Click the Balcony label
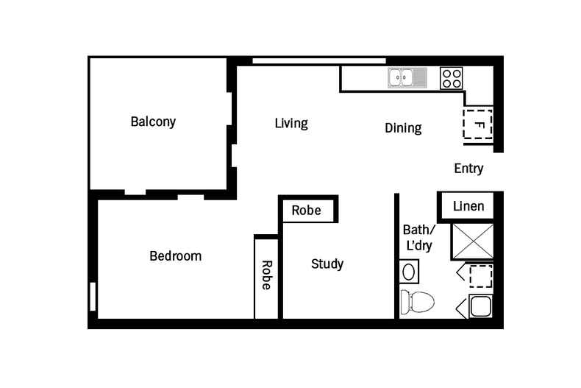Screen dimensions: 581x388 (153, 121)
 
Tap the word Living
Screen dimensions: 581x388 (291, 123)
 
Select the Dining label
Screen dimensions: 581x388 (403, 128)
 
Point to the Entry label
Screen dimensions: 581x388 (468, 169)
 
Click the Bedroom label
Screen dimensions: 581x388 (176, 256)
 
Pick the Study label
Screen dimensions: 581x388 (327, 264)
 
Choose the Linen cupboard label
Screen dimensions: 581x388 (468, 206)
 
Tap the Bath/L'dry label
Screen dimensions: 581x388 (419, 238)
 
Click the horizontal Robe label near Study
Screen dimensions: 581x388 (307, 211)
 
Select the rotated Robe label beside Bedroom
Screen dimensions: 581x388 (266, 275)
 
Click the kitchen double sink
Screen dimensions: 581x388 (407, 78)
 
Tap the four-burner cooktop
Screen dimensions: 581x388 (452, 78)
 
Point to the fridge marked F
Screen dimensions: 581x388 (478, 124)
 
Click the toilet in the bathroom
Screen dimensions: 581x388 (417, 301)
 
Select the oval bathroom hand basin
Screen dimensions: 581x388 (409, 272)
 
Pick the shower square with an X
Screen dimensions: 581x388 (473, 241)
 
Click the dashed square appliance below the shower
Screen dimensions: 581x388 (481, 276)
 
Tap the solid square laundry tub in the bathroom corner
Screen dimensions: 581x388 (480, 306)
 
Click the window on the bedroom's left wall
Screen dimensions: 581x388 (93, 297)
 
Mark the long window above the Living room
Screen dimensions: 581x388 (319, 61)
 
